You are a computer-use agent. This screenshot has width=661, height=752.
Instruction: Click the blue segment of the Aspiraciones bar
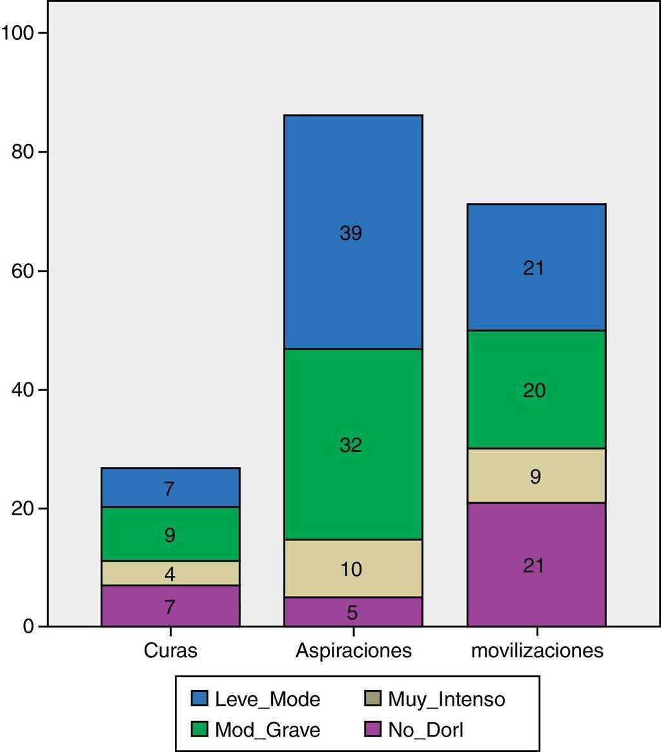[353, 193]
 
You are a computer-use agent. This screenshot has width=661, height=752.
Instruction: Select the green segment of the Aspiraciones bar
[353, 413]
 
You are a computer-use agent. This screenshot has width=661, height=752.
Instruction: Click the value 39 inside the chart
[351, 233]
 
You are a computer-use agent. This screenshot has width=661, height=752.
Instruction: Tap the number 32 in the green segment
[351, 444]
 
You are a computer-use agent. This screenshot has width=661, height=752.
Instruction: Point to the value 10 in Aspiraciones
[351, 569]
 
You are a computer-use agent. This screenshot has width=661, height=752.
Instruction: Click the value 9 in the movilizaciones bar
[535, 477]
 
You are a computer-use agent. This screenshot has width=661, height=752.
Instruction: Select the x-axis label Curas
[170, 650]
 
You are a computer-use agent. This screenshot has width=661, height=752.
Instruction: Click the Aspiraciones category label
[353, 650]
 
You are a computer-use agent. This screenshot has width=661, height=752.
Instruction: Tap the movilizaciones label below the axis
[537, 650]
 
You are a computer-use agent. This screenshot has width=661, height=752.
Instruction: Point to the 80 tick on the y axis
[25, 152]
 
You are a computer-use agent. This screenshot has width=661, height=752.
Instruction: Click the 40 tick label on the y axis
[25, 390]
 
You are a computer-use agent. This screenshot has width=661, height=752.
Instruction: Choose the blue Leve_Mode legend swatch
[199, 698]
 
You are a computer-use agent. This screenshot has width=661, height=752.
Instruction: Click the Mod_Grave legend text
[267, 731]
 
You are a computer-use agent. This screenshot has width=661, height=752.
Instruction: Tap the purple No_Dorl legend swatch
[372, 731]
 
